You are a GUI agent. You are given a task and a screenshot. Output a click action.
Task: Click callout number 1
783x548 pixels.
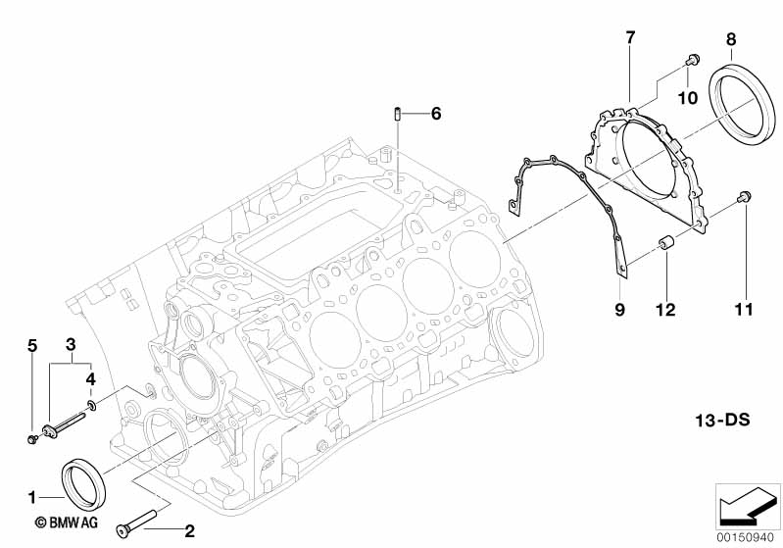tap(32, 495)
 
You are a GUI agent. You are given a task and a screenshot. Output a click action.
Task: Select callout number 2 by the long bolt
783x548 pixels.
tap(190, 531)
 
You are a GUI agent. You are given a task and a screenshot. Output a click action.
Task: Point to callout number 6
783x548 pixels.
tap(436, 114)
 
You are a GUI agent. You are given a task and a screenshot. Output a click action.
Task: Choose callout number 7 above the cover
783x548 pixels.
tap(630, 38)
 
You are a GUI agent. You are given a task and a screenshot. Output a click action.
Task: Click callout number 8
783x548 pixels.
tap(731, 39)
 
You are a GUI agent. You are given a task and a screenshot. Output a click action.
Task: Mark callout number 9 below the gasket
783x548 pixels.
tap(619, 310)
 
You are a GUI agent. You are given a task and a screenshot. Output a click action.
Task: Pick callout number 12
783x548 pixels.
tap(666, 310)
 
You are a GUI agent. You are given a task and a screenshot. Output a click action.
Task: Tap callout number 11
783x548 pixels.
tap(743, 310)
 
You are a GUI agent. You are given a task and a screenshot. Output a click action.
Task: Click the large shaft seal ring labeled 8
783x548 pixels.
tap(744, 103)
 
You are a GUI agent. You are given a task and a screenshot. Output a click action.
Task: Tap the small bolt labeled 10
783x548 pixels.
tap(691, 62)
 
